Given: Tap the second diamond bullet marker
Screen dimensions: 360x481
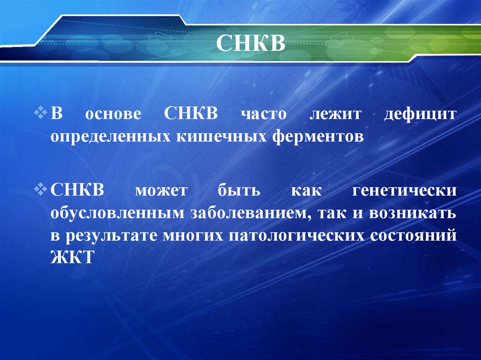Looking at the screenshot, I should click(40, 190).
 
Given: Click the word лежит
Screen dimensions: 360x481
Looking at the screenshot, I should click(333, 115).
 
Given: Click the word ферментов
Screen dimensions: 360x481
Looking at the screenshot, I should click(318, 137).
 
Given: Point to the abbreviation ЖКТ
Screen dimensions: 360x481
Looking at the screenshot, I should click(72, 257).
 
